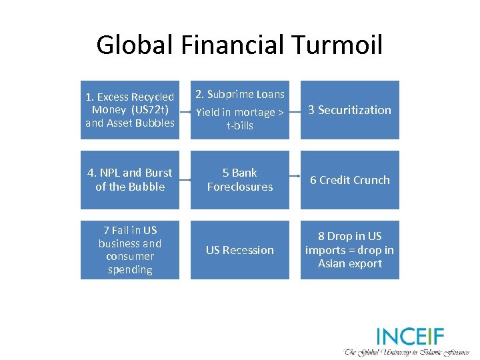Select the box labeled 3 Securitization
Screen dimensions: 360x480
click(x=350, y=110)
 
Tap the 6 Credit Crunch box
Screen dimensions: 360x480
click(x=350, y=180)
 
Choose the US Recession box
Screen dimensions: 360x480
click(x=240, y=250)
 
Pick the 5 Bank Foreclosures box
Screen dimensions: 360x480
click(x=240, y=180)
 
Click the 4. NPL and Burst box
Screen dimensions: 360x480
click(x=130, y=180)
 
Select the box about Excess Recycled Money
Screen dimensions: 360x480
click(x=130, y=110)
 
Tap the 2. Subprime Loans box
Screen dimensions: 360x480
click(x=240, y=110)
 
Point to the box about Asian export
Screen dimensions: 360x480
click(x=350, y=250)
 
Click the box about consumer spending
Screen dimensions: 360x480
click(x=130, y=250)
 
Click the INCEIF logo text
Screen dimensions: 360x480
click(x=409, y=336)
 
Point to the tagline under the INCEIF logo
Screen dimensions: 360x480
click(x=407, y=351)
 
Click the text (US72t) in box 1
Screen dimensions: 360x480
click(x=151, y=110)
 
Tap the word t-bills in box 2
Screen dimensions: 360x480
click(x=240, y=125)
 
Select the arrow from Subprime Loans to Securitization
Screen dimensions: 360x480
click(x=295, y=111)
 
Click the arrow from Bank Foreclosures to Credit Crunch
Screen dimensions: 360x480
click(x=295, y=180)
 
